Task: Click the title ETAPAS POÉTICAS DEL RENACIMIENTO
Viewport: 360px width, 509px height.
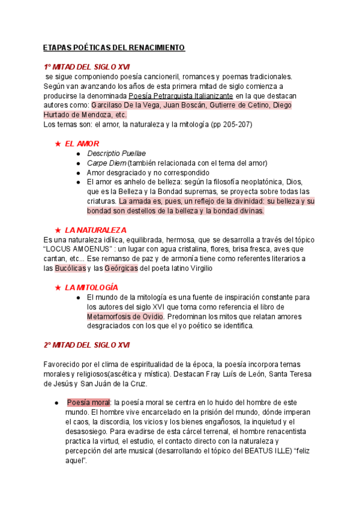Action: pos(114,47)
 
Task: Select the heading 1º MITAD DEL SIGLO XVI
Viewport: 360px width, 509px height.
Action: pos(86,67)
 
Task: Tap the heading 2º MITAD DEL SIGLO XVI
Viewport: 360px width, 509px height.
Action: pos(86,345)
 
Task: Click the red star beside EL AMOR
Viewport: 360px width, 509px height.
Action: pos(58,144)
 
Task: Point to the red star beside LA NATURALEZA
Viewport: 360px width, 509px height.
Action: pos(58,230)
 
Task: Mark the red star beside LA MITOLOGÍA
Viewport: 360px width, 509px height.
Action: pos(58,288)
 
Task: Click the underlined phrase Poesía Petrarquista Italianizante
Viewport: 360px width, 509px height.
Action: pos(181,95)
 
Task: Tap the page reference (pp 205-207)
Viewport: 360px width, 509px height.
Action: pos(231,124)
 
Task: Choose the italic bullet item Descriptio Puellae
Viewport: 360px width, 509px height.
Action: pos(116,154)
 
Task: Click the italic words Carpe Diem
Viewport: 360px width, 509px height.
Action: pos(106,163)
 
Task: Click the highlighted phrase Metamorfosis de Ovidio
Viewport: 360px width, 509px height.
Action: pos(125,316)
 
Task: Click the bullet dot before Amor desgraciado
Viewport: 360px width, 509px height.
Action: pos(79,173)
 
